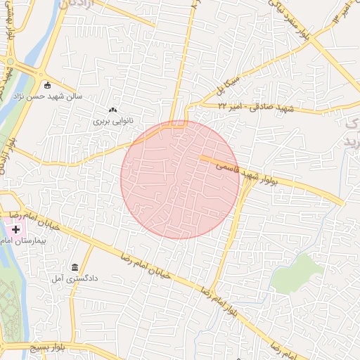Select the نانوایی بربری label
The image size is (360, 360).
pos(112,121)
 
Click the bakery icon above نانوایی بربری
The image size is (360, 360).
pos(112,110)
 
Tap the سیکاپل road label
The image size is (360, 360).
pos(231,87)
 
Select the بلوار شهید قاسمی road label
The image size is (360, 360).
pos(246,173)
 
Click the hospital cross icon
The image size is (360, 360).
pos(15,230)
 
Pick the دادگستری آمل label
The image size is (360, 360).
pos(74,278)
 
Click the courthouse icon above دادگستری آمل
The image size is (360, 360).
pos(75,266)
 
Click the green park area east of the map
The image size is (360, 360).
pos(298,273)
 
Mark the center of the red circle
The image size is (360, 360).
pos(180,179)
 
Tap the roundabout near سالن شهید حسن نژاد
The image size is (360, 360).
pos(39,74)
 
